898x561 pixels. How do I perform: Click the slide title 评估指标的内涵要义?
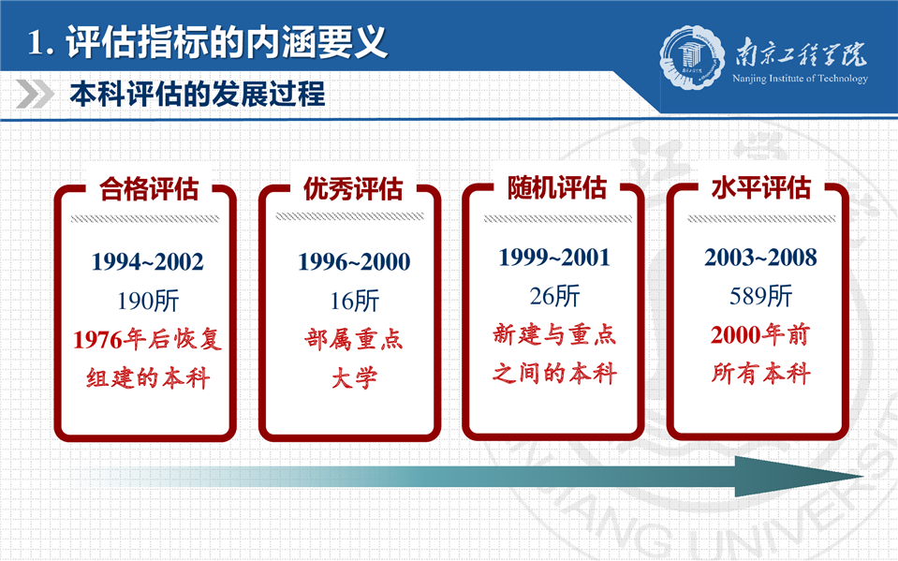pyautogui.click(x=227, y=42)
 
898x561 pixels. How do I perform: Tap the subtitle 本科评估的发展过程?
pyautogui.click(x=198, y=94)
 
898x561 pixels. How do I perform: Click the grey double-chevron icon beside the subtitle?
pyautogui.click(x=35, y=94)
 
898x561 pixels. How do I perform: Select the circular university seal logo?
pyautogui.click(x=689, y=57)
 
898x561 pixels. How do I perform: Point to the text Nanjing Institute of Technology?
pyautogui.click(x=800, y=79)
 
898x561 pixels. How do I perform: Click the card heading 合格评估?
pyautogui.click(x=149, y=189)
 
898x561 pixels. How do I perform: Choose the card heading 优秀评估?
pyautogui.click(x=353, y=189)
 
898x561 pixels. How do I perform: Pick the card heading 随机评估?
pyautogui.click(x=557, y=187)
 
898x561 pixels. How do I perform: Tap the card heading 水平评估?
pyautogui.click(x=761, y=187)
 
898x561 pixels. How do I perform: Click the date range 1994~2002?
pyautogui.click(x=148, y=262)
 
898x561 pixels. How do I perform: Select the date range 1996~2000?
pyautogui.click(x=354, y=262)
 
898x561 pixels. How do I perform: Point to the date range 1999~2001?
pyautogui.click(x=554, y=258)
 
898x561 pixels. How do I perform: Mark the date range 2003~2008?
pyautogui.click(x=760, y=258)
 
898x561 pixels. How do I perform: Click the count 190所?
pyautogui.click(x=148, y=301)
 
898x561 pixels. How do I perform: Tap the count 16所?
pyautogui.click(x=355, y=301)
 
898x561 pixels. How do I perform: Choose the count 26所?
pyautogui.click(x=555, y=296)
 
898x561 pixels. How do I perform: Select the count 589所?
pyautogui.click(x=760, y=296)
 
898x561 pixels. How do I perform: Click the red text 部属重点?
pyautogui.click(x=354, y=339)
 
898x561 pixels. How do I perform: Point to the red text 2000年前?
pyautogui.click(x=760, y=334)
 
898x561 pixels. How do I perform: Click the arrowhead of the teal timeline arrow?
pyautogui.click(x=796, y=477)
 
